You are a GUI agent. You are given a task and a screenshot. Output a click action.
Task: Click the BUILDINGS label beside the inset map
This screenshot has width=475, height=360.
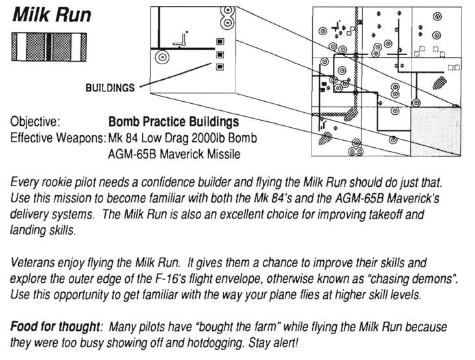(110, 87)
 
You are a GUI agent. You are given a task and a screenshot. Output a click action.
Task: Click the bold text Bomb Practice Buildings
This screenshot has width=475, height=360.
(173, 121)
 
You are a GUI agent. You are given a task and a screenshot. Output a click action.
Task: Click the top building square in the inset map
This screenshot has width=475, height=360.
(220, 42)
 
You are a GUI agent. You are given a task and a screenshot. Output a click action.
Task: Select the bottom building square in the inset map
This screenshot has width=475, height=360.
(220, 66)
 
